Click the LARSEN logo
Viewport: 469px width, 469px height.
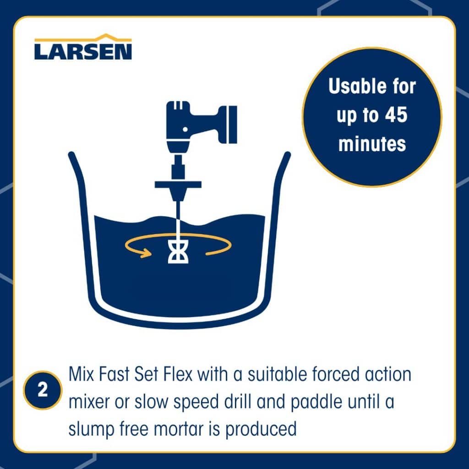(x=83, y=50)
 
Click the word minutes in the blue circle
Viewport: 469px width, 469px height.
(x=372, y=144)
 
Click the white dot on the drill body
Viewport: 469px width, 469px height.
(x=185, y=130)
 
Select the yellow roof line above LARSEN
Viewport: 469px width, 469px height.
(x=83, y=38)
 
